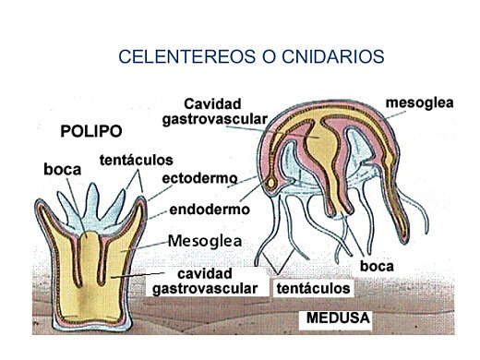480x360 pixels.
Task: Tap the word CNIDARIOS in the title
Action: [x=326, y=56]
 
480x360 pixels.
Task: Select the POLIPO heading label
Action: [x=90, y=130]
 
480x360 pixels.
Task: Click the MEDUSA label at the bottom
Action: [x=337, y=319]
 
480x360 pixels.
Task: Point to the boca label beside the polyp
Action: [x=63, y=170]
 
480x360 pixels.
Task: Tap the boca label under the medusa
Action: [x=377, y=266]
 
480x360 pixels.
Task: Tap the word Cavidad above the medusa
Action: [x=214, y=103]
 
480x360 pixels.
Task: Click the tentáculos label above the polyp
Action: [x=136, y=160]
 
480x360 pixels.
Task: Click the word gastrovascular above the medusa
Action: [x=214, y=119]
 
